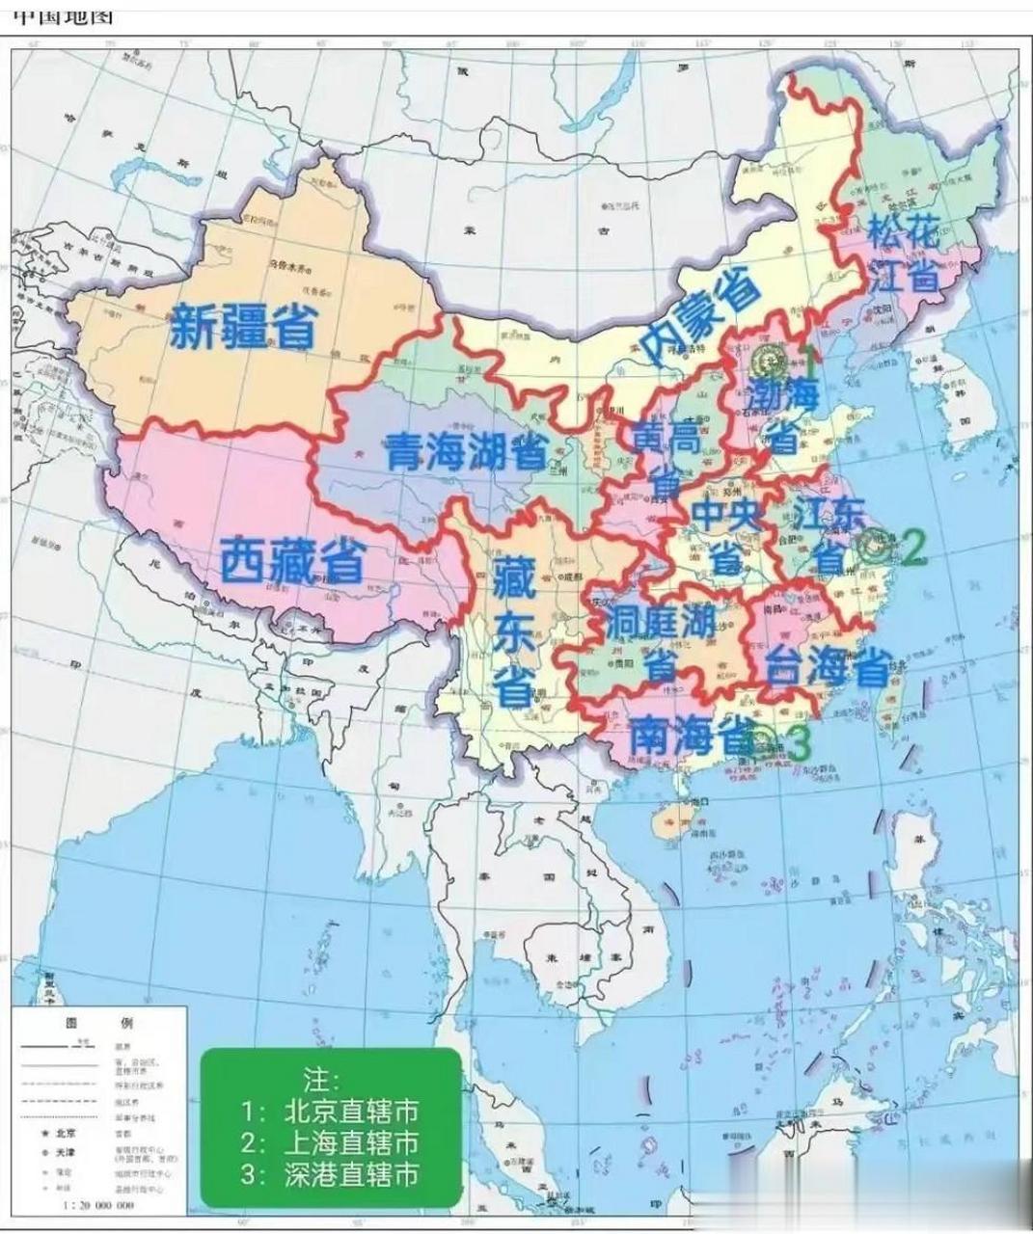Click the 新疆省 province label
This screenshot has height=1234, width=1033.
tap(243, 325)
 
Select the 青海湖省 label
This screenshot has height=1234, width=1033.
tap(468, 450)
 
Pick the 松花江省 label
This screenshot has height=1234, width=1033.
tap(904, 254)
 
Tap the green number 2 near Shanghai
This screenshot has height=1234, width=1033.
tap(911, 549)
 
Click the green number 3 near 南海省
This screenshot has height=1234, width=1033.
tap(800, 741)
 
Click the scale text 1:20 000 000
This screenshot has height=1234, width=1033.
tap(97, 1205)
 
